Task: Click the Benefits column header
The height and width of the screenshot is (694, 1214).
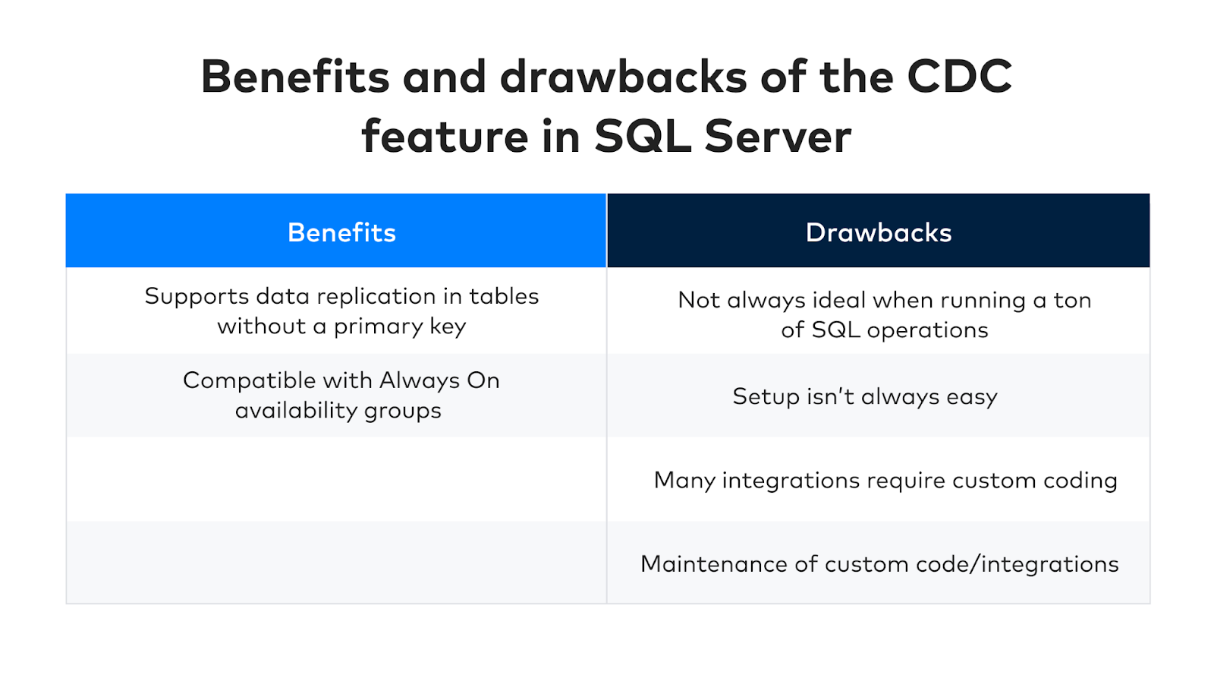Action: point(341,232)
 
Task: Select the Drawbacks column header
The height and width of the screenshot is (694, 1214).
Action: point(879,232)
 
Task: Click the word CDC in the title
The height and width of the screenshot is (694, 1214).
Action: point(959,77)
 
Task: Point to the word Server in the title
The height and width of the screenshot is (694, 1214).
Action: point(778,137)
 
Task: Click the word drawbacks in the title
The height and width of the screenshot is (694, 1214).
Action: point(623,77)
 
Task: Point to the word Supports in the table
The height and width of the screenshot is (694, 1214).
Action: point(197,297)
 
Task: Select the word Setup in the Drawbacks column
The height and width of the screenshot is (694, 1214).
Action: point(766,397)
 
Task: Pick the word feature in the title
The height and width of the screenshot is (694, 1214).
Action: point(445,137)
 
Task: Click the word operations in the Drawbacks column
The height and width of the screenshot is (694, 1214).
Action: point(927,330)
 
